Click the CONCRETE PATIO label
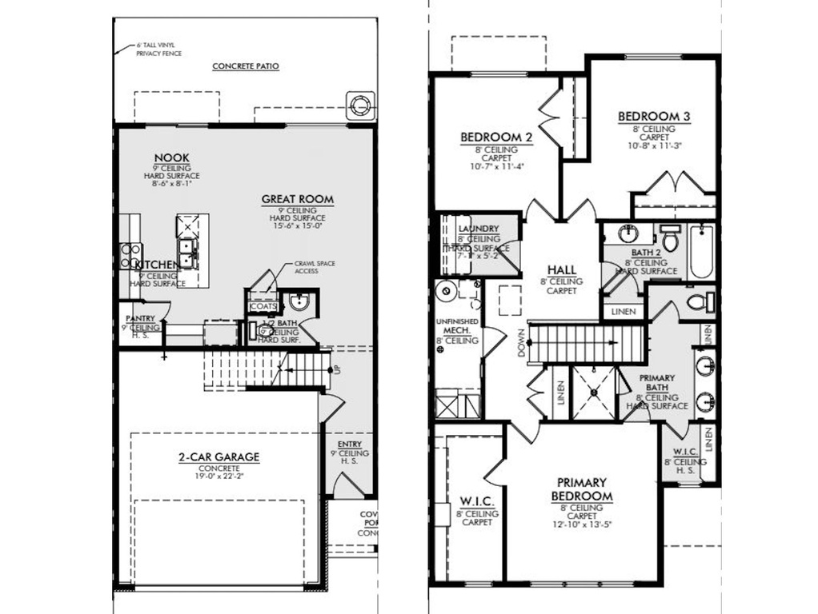click(245, 66)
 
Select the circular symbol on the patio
click(358, 104)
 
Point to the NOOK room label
click(171, 157)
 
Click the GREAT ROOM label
click(297, 199)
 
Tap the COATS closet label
click(263, 306)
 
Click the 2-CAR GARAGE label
click(219, 457)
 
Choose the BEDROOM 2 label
click(496, 138)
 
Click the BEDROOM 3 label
click(653, 117)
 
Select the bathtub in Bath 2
click(701, 251)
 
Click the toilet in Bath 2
click(670, 239)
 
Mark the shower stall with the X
click(594, 393)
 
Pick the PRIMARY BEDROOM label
click(581, 488)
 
